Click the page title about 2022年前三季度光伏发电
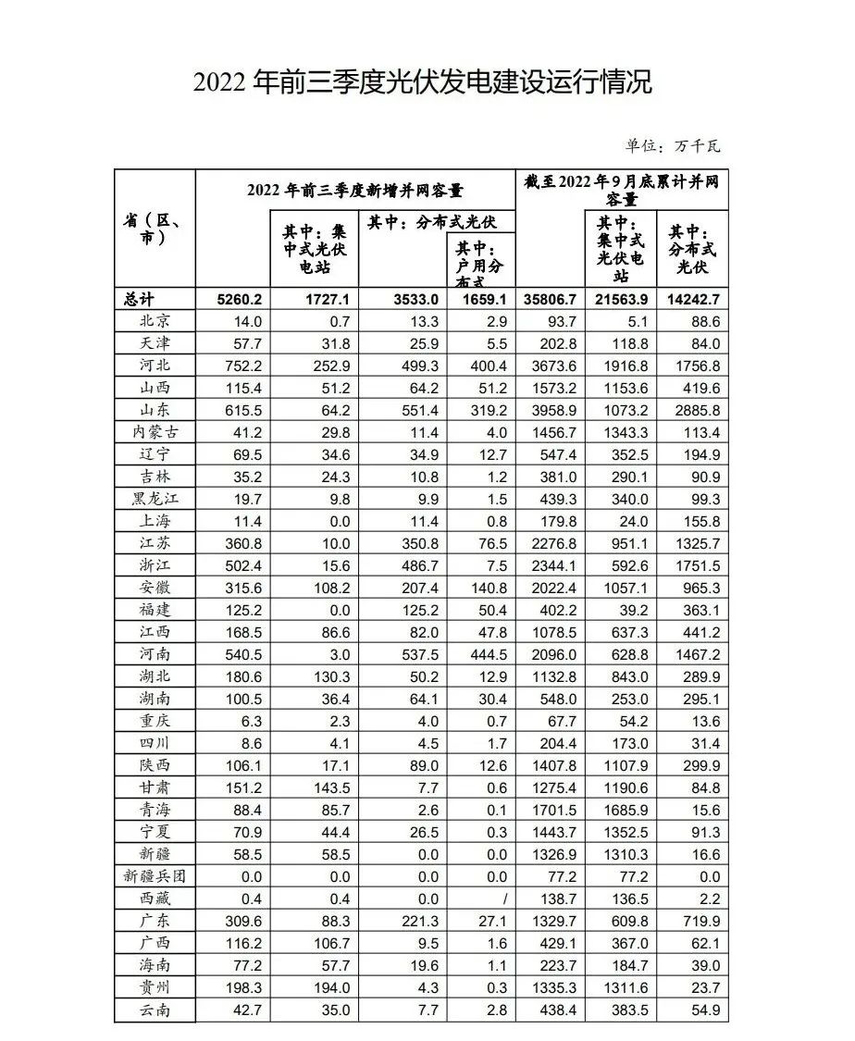coord(423,81)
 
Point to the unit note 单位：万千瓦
coord(672,146)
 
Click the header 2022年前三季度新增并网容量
coord(354,191)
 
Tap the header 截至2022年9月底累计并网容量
coord(621,190)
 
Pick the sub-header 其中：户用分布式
coord(480,259)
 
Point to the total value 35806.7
coord(551,299)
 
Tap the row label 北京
coord(154,321)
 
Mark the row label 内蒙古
coord(154,432)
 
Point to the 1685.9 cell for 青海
coord(622,809)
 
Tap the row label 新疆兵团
coord(154,875)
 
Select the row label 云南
coord(154,1009)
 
